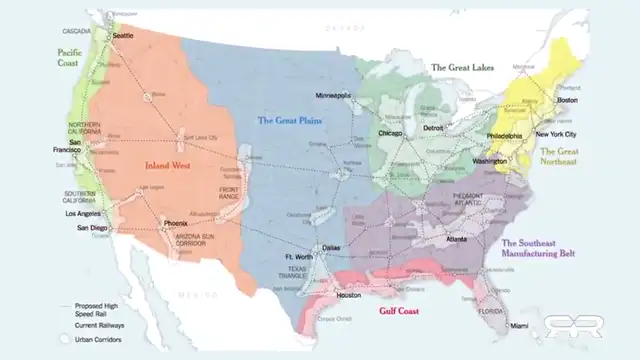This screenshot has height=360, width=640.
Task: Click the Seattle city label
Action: point(123,35)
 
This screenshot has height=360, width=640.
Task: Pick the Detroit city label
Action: point(434,127)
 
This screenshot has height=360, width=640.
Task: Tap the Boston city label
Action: point(567,100)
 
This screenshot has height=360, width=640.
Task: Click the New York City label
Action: point(557,134)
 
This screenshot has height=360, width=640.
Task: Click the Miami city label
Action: point(518,326)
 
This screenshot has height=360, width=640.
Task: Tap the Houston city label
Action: point(348,295)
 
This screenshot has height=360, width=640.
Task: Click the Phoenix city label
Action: point(175,222)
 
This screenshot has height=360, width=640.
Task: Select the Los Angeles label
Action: point(83,214)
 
